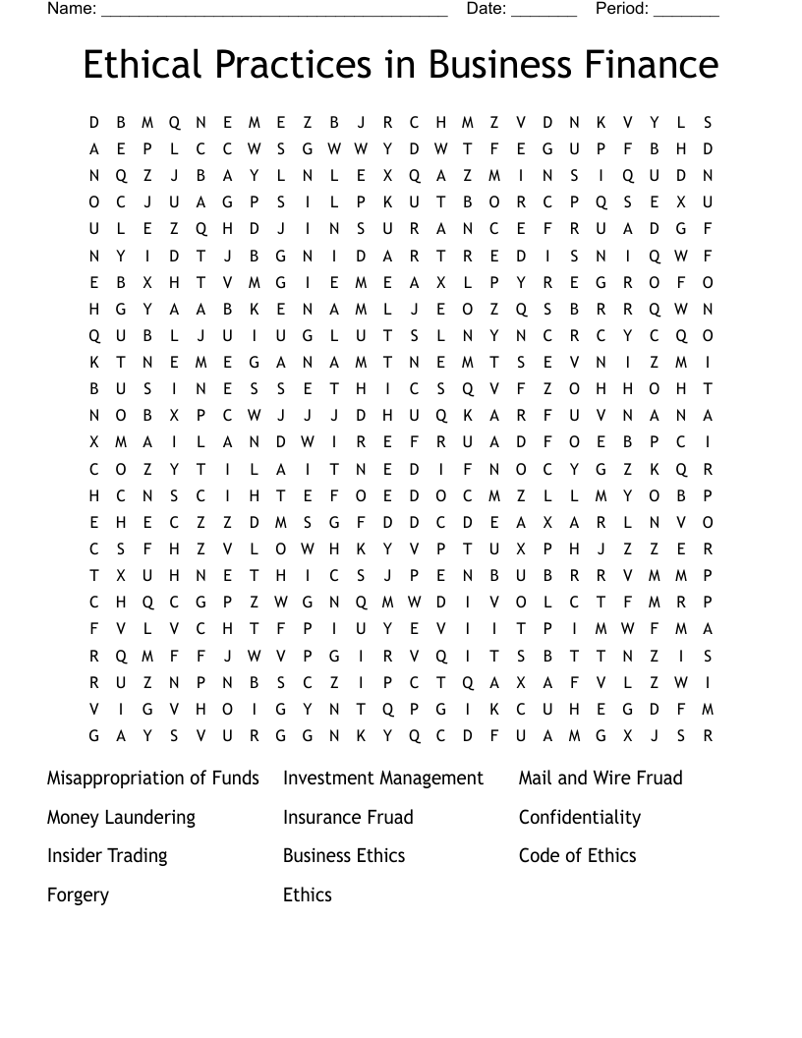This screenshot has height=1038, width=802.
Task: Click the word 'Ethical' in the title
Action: click(x=143, y=66)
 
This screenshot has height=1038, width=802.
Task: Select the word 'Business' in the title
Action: click(x=501, y=66)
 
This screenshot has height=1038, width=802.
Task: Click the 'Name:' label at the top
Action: click(x=72, y=9)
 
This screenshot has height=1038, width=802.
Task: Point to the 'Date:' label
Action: click(x=487, y=9)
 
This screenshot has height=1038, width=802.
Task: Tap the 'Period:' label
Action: click(x=622, y=9)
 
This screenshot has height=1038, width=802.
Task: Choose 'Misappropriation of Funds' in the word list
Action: click(x=153, y=778)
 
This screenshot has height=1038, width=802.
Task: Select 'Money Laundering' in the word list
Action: click(x=121, y=818)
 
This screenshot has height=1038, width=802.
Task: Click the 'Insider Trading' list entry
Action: click(x=107, y=856)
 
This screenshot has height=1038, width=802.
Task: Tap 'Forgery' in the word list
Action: click(x=78, y=895)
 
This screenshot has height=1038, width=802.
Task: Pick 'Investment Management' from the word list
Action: click(x=383, y=778)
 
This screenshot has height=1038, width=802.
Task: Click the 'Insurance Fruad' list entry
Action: click(x=348, y=818)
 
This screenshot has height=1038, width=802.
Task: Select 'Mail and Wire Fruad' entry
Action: click(x=601, y=778)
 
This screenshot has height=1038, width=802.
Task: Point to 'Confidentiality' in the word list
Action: click(x=580, y=818)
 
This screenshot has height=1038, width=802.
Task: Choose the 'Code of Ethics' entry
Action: click(x=578, y=856)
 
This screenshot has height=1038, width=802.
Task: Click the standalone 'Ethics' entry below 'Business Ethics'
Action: click(x=308, y=895)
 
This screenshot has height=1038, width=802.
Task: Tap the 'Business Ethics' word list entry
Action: click(x=344, y=856)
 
